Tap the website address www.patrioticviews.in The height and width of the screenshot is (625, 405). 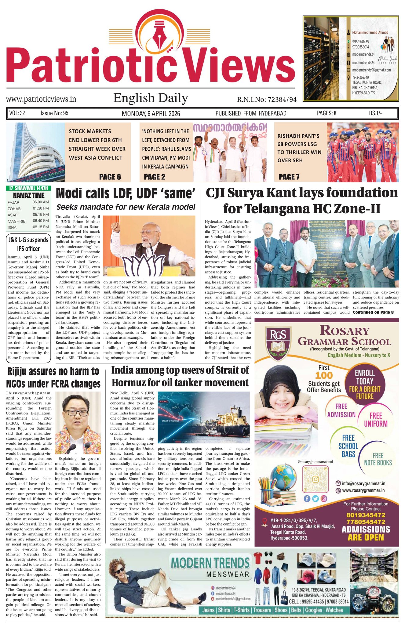click(41, 99)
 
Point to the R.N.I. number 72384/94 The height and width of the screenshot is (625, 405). click(267, 99)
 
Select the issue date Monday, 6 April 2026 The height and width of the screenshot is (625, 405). click(151, 114)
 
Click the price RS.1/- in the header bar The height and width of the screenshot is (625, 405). click(375, 113)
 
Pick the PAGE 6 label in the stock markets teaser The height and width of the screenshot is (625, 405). click(110, 177)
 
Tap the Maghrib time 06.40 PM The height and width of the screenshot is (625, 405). click(41, 221)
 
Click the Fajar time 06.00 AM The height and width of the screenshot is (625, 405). click(41, 202)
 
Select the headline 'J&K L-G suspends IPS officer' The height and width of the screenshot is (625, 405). click(28, 244)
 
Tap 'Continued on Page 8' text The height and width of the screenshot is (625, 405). click(373, 312)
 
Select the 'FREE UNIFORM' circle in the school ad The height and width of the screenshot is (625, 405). click(376, 420)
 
